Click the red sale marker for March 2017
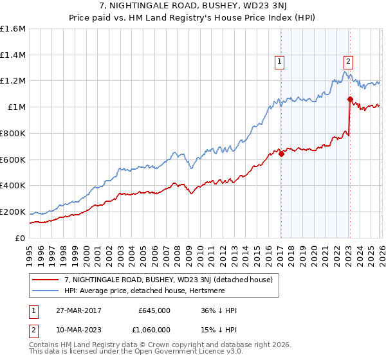click(281, 154)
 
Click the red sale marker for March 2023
click(350, 99)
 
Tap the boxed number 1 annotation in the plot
click(280, 62)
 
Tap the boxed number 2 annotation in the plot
click(348, 62)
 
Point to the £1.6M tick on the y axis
click(13, 29)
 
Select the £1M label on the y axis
click(17, 107)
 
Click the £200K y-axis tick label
click(13, 212)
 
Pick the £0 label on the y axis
click(21, 238)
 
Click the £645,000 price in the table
click(154, 310)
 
